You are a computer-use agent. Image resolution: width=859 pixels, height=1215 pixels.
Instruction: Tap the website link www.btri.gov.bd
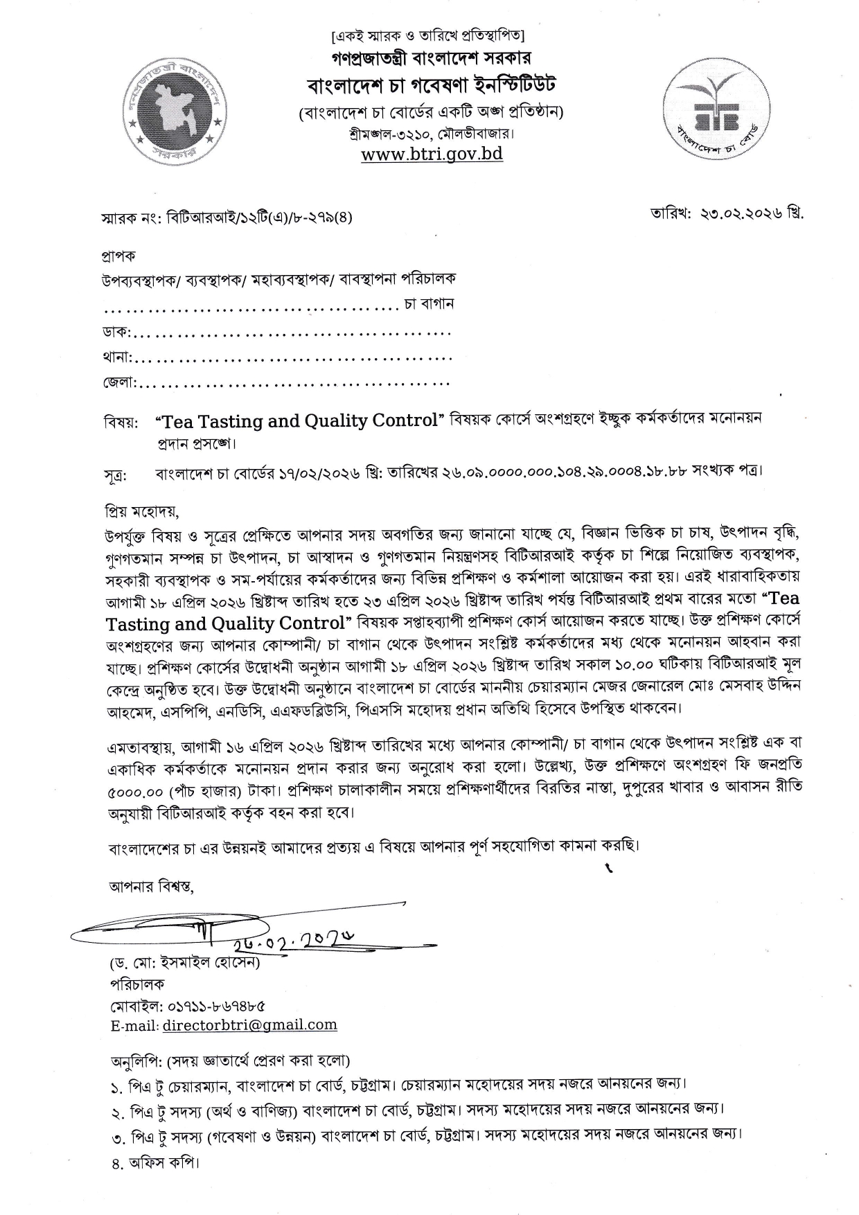pos(432,153)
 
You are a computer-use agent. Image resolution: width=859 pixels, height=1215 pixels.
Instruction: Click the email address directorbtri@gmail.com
pos(249,1025)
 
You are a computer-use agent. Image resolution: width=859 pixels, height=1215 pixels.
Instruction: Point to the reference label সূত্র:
pos(116,477)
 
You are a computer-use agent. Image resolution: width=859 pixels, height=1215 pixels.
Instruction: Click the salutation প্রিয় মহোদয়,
pos(143,513)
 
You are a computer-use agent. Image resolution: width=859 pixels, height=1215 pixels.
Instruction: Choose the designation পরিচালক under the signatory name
pos(137,984)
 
